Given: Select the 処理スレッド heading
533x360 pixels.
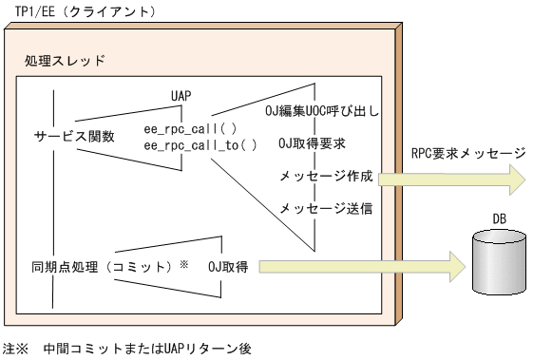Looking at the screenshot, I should point(65,61).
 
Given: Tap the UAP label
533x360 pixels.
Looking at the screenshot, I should point(181,96).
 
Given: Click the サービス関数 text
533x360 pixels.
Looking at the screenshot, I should point(74,136).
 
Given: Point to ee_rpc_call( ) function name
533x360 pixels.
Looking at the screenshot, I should point(190,128).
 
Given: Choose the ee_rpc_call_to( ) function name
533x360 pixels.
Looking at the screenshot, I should point(200,144).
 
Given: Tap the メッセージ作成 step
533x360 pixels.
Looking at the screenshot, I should point(325,176).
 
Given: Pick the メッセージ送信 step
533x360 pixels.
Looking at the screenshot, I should point(325,207).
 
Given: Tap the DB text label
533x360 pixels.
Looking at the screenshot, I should point(499,219).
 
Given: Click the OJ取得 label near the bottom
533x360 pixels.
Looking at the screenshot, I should point(228,267).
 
